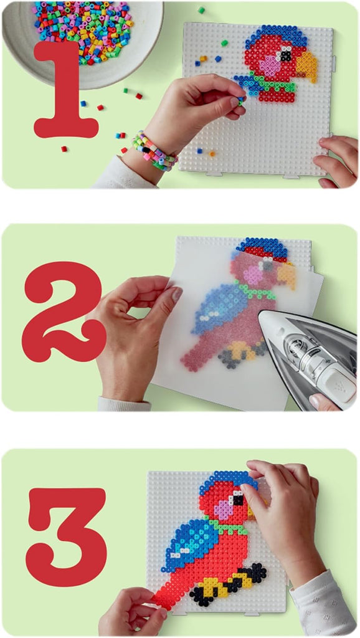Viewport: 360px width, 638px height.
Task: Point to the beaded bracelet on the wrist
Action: (153, 151)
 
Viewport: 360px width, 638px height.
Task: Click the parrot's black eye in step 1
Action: (286, 55)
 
